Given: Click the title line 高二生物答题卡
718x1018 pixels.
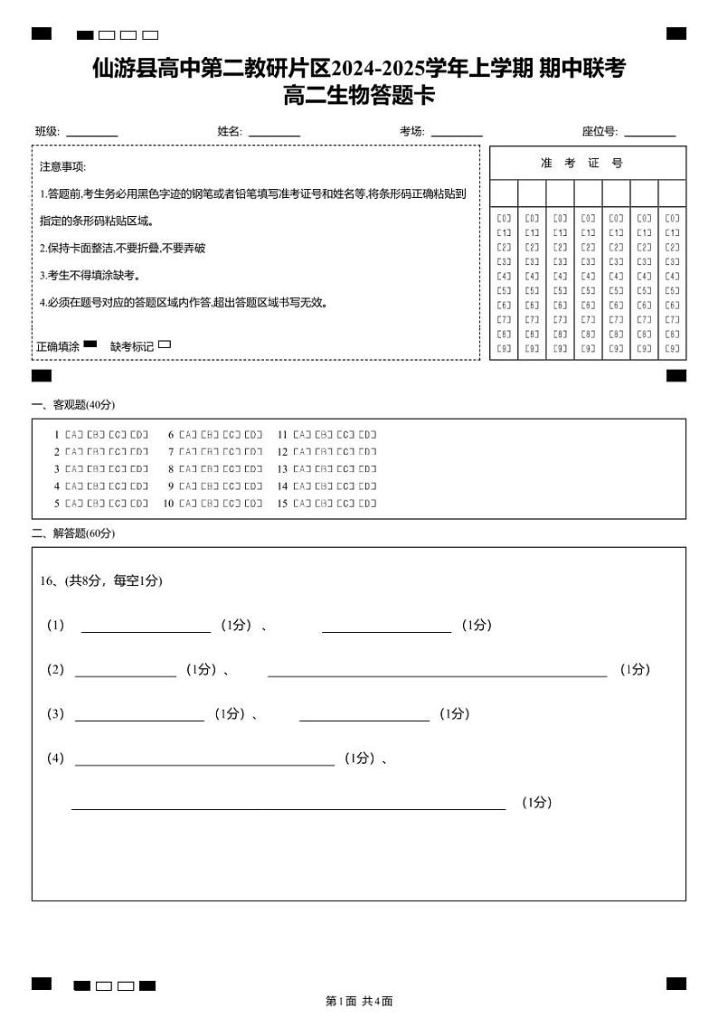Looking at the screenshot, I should (x=359, y=95).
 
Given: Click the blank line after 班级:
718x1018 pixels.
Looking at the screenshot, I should (x=91, y=135).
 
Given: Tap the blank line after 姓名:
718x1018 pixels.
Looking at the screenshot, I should (x=274, y=135).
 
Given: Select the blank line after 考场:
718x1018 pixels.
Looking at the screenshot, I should (x=457, y=135).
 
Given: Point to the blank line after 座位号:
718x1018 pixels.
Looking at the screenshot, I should (x=649, y=135).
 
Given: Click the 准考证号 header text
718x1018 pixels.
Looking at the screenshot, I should (x=581, y=163).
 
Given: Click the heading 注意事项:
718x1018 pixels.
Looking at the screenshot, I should (x=62, y=167).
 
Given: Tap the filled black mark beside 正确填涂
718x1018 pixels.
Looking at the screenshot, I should (x=90, y=344).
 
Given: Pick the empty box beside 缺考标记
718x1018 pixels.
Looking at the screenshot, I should (x=165, y=344).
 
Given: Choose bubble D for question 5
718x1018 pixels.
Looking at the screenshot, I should (x=139, y=504).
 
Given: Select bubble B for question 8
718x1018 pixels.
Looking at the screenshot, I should (x=210, y=469).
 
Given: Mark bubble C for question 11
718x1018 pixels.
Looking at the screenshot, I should (x=345, y=435).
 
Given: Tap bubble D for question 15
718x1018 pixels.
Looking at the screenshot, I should (x=367, y=504).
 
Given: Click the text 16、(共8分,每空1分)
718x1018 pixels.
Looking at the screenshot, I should (x=101, y=580).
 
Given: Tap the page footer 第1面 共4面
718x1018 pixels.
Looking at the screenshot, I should (x=359, y=1001).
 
